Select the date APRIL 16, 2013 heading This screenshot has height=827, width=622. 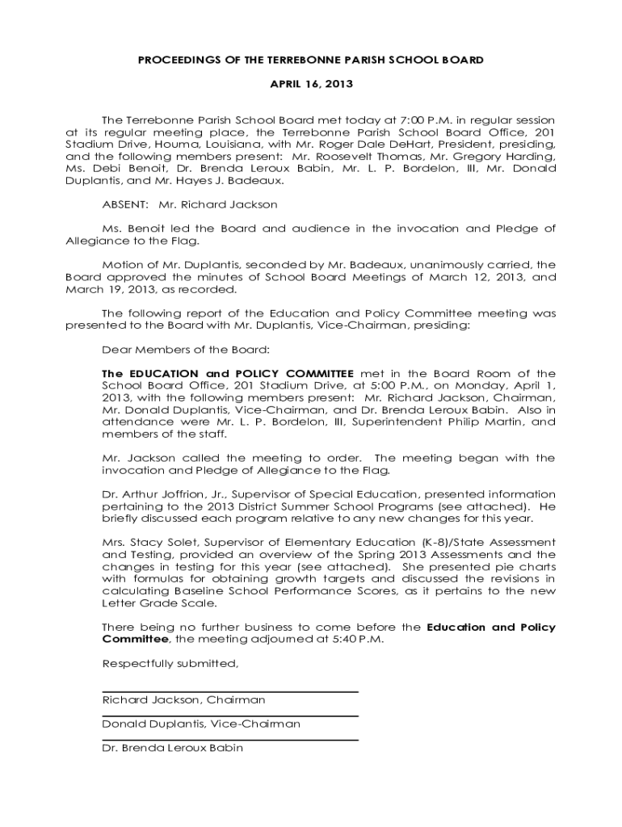pyautogui.click(x=311, y=84)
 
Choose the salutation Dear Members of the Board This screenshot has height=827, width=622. pyautogui.click(x=186, y=350)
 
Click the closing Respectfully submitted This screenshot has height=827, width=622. pyautogui.click(x=170, y=664)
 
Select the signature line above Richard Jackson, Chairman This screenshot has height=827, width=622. pyautogui.click(x=230, y=691)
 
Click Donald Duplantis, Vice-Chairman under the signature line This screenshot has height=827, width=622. pyautogui.click(x=201, y=724)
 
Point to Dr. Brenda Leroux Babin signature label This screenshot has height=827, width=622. pyautogui.click(x=172, y=748)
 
